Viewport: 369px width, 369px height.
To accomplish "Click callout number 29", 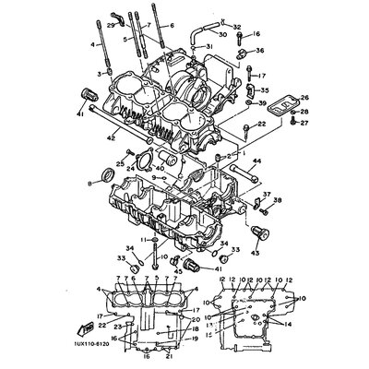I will pyautogui.click(x=111, y=25).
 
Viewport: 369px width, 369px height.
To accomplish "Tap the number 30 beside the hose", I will pyautogui.click(x=222, y=34).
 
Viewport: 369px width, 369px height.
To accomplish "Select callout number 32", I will pyautogui.click(x=237, y=28).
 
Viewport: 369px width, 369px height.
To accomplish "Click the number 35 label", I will pyautogui.click(x=266, y=91).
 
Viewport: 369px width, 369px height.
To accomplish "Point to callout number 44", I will pyautogui.click(x=258, y=161).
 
